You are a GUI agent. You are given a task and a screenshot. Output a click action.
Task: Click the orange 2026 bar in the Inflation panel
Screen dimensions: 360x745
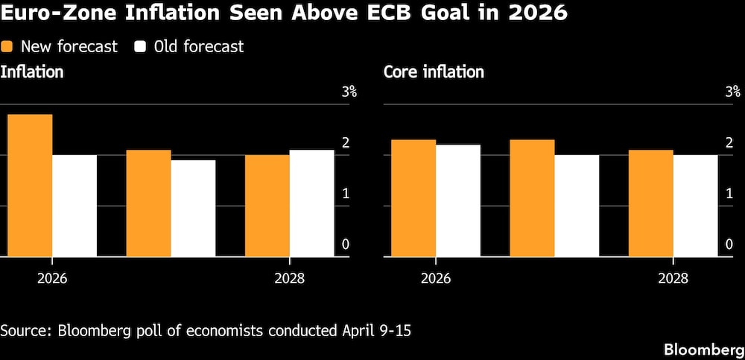pyautogui.click(x=30, y=186)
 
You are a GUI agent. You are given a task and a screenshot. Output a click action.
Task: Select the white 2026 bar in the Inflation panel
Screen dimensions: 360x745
pyautogui.click(x=74, y=206)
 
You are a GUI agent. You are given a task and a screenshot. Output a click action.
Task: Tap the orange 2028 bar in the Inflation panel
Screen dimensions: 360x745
pyautogui.click(x=267, y=206)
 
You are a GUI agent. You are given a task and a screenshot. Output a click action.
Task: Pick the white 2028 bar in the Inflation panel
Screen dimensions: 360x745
pyautogui.click(x=311, y=203)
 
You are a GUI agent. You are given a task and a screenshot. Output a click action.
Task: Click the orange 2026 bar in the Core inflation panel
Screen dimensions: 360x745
pyautogui.click(x=413, y=198)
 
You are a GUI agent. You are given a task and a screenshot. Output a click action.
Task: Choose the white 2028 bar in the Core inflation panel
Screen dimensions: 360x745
pyautogui.click(x=695, y=206)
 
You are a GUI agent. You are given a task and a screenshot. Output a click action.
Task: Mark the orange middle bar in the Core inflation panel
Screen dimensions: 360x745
pyautogui.click(x=532, y=198)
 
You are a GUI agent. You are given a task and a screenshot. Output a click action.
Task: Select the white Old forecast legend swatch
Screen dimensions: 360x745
pyautogui.click(x=139, y=47)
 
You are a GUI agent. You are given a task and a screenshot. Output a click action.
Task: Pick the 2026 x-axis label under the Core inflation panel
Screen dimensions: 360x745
pyautogui.click(x=436, y=279)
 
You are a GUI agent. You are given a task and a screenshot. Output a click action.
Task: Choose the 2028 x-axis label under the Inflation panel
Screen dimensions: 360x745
pyautogui.click(x=289, y=279)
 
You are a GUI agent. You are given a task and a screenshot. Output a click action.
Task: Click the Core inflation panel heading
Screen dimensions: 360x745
pyautogui.click(x=434, y=72)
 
